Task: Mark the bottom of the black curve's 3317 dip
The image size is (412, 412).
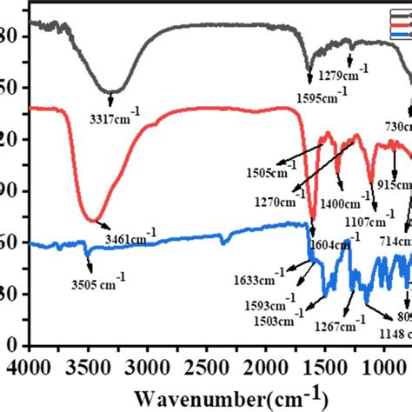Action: click(110, 91)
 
